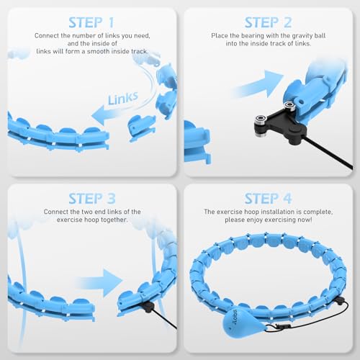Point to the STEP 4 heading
268,197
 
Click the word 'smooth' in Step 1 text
108,53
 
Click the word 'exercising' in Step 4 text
290,220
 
